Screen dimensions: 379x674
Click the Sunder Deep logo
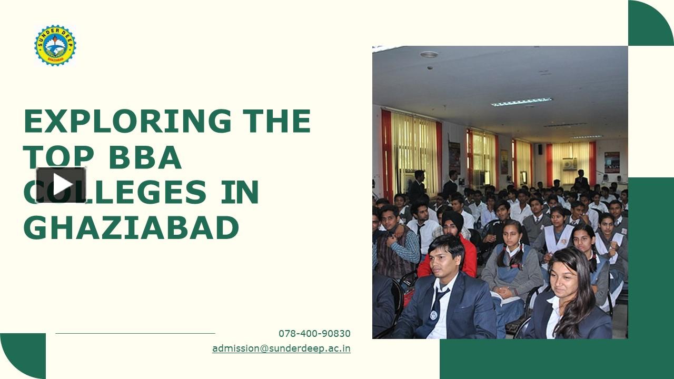[55, 46]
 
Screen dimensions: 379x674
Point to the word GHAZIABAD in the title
[131, 227]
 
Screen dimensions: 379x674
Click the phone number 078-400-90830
[314, 334]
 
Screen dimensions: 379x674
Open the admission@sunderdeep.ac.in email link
[281, 348]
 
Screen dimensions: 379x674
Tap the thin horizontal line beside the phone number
[135, 333]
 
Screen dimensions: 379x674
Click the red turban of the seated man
[452, 218]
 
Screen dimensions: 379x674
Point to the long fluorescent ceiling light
[521, 102]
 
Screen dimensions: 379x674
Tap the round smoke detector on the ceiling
[429, 54]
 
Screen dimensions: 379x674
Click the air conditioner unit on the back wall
[569, 164]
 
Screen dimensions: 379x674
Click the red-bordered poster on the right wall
[612, 162]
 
